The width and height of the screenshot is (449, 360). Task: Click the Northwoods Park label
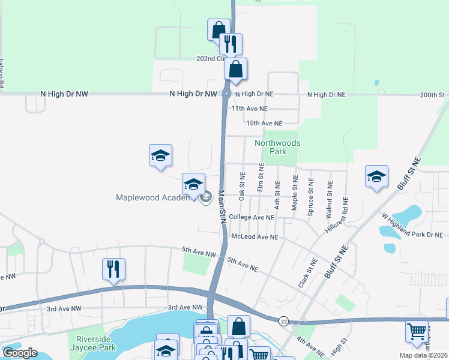click(277, 147)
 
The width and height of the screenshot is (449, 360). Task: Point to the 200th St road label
click(433, 95)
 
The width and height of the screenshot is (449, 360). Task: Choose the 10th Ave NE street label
click(265, 123)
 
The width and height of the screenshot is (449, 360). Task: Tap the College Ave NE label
click(252, 217)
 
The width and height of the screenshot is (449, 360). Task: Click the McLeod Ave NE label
click(255, 237)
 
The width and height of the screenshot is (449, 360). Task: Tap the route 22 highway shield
click(284, 322)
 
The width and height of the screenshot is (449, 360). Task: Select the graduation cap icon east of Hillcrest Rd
click(376, 176)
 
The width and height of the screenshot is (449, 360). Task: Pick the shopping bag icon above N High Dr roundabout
click(236, 68)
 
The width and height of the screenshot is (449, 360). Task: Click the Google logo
click(20, 352)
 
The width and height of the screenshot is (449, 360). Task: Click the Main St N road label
click(221, 207)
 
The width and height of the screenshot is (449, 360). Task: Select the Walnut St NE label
click(329, 195)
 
